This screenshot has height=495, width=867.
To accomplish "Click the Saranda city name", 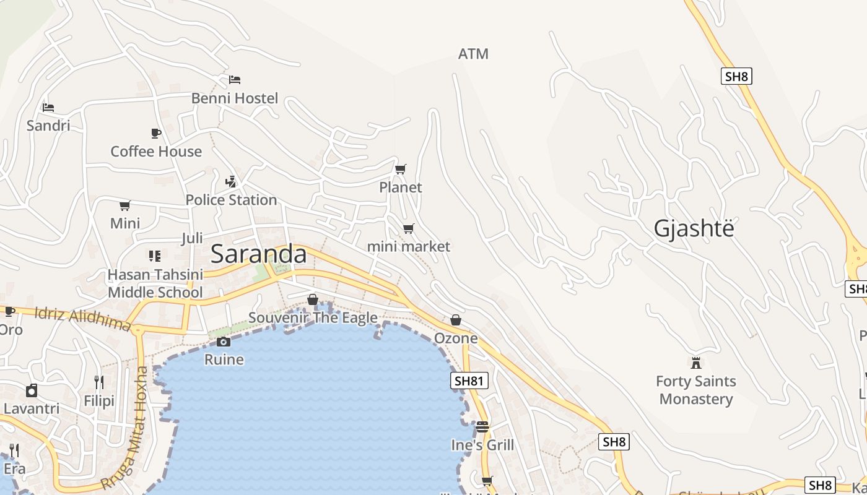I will [x=258, y=254].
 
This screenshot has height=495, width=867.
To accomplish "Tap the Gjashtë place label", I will [x=694, y=228].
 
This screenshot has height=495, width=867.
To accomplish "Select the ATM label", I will [x=473, y=54].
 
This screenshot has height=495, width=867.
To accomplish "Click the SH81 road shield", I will [x=469, y=381].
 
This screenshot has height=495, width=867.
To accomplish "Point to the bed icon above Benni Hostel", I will [x=235, y=80].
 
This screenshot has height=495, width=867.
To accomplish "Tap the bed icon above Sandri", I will [x=48, y=107].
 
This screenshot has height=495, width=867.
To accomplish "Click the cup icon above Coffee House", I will [x=156, y=133].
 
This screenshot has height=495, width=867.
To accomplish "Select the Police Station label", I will [x=231, y=200].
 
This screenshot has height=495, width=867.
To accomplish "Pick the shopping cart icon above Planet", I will [x=401, y=169].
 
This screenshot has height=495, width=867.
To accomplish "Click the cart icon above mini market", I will [x=409, y=229].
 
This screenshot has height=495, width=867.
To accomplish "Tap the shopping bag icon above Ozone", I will [x=456, y=320].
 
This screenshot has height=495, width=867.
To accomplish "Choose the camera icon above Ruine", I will [x=224, y=342].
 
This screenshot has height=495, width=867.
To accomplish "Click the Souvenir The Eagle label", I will [x=313, y=318].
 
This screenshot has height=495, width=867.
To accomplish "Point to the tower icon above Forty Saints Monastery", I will [x=696, y=363].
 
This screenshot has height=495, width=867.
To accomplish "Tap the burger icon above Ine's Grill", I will [x=482, y=426].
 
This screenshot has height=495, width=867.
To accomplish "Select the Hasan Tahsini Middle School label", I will [x=155, y=283].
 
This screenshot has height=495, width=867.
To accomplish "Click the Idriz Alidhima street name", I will [x=83, y=318].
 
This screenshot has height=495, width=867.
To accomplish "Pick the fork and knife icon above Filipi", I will [x=99, y=382].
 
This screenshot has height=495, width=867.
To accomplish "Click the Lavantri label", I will [x=32, y=408].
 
